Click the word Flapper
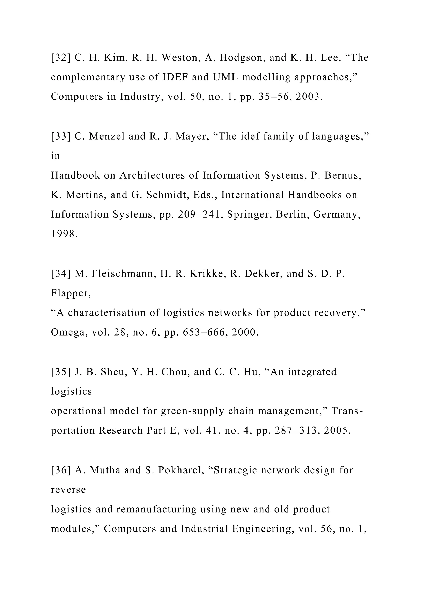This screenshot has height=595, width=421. point(71,293)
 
